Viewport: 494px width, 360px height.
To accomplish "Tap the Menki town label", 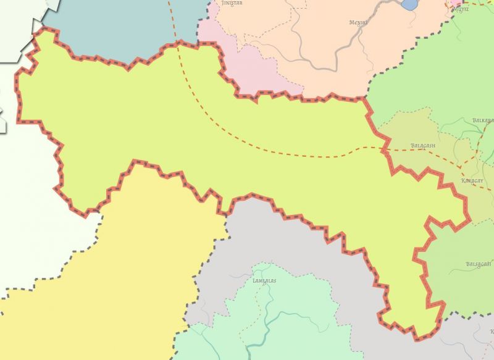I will click(358, 23).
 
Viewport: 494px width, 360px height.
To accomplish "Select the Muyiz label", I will click(461, 9).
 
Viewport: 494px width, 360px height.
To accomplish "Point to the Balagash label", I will click(423, 146).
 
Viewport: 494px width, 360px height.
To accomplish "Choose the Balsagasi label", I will click(478, 264).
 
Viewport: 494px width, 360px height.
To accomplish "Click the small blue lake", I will click(409, 4).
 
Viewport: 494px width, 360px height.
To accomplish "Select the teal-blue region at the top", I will click(124, 25).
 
